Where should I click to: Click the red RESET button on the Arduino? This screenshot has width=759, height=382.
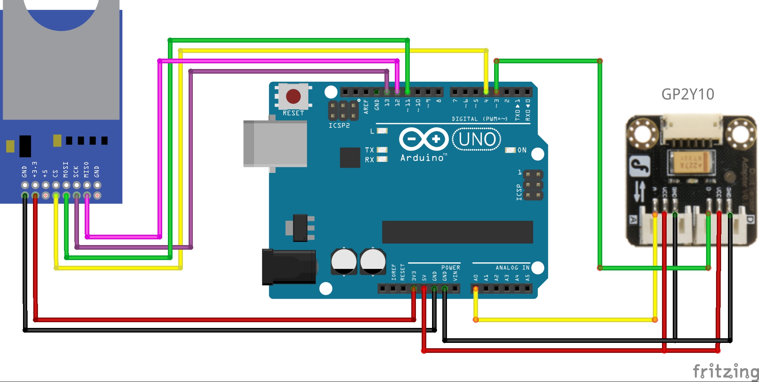tap(293, 96)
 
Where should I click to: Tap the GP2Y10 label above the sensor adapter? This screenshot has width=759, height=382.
tap(688, 94)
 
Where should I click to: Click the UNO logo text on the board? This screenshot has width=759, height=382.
tap(477, 139)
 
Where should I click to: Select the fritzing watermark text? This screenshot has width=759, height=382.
tap(726, 371)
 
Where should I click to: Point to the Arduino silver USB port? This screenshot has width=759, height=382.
tap(275, 143)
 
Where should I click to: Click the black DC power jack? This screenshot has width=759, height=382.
tap(289, 267)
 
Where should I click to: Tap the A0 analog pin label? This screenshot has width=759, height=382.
tap(476, 277)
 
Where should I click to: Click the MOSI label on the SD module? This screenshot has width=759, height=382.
tap(66, 170)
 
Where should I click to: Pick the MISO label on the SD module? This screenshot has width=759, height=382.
tap(86, 170)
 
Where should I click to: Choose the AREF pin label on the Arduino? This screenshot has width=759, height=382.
tap(366, 107)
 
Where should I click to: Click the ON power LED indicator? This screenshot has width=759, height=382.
tap(511, 150)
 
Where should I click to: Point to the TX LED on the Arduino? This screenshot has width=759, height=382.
tap(382, 150)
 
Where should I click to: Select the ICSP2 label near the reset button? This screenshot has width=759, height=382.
tap(339, 125)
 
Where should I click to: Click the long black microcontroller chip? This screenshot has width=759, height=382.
tap(457, 232)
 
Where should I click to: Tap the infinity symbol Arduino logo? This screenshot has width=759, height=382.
tap(424, 139)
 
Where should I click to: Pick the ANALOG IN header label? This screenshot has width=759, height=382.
tap(512, 268)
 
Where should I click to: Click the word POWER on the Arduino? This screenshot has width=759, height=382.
tap(450, 268)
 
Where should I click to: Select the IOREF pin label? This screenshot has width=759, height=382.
tap(394, 272)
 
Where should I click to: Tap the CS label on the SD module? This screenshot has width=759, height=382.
tap(56, 173)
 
